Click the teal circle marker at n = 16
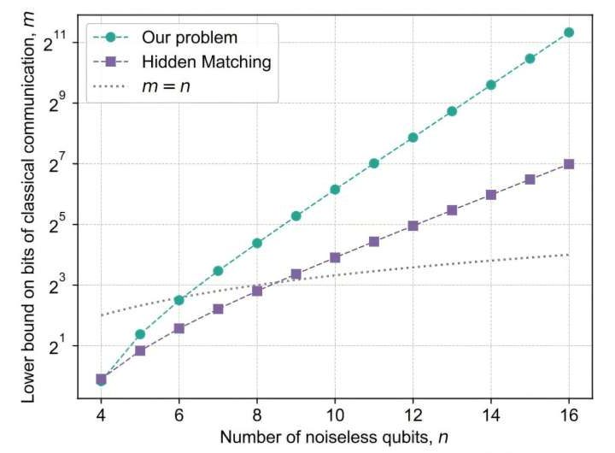click(569, 32)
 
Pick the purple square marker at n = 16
click(569, 164)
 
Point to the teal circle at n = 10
click(335, 190)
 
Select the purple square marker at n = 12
click(413, 226)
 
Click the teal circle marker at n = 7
click(218, 271)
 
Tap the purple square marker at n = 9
click(296, 274)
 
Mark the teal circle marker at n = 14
click(491, 85)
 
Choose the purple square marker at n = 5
click(140, 350)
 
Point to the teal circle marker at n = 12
click(413, 138)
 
